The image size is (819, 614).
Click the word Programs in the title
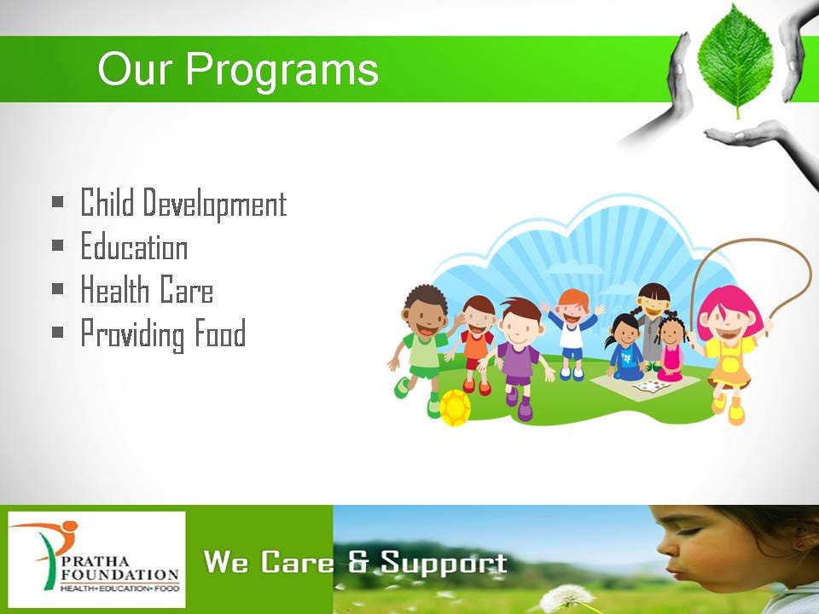click(x=282, y=70)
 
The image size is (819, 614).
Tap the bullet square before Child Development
click(x=57, y=201)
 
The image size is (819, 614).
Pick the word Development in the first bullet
click(x=215, y=204)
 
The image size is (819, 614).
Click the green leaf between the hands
click(x=735, y=60)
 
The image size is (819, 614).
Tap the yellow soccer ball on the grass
click(x=455, y=408)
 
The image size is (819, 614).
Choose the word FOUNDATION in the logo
click(x=120, y=574)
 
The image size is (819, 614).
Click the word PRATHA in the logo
click(x=95, y=562)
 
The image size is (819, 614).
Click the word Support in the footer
click(x=444, y=564)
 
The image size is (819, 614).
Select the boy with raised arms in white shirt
click(x=572, y=334)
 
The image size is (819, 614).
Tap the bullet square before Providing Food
click(x=57, y=332)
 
